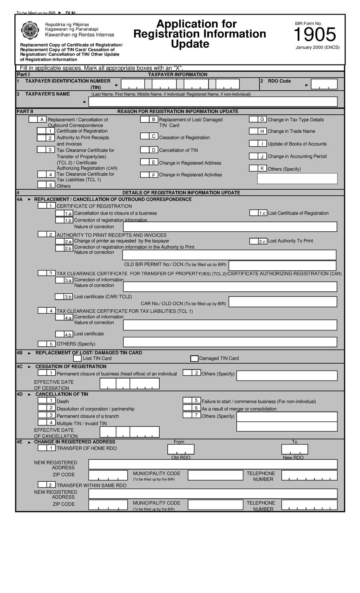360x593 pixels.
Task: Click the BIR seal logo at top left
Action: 30,31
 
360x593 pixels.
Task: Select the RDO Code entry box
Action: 324,84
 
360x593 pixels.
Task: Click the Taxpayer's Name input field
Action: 213,102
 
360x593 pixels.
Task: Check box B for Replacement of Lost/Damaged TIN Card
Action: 145,119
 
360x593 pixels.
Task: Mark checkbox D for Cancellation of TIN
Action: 145,150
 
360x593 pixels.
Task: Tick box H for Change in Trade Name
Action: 253,131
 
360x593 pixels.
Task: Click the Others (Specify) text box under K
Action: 297,178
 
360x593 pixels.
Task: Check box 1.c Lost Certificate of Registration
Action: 254,213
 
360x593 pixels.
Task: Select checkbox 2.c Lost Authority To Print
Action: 254,241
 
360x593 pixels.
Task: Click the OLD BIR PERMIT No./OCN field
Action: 282,265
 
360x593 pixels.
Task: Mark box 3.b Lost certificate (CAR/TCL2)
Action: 59,296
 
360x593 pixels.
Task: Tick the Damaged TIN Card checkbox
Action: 194,358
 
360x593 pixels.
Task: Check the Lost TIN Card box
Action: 77,358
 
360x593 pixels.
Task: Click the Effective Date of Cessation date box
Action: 129,384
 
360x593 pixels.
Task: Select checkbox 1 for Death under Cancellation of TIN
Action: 42,400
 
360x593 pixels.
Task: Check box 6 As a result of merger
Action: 187,408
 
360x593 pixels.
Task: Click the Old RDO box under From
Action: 181,449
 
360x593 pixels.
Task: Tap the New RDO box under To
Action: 294,449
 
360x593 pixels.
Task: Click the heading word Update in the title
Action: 190,44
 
